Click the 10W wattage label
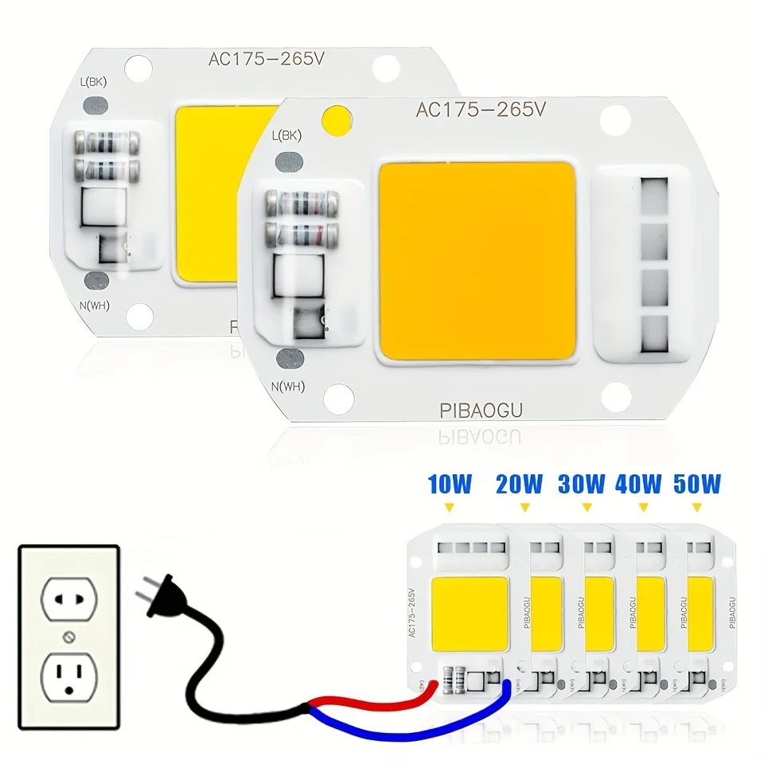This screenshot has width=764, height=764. pos(450,483)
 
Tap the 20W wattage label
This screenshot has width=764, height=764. pos(520,483)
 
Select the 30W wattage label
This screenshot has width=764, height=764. pos(582,483)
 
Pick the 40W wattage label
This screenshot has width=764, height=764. pos(638,483)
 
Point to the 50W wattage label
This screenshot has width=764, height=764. pos(697,483)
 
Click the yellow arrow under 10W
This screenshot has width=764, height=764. pos(450,506)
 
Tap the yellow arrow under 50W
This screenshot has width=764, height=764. pos(697,506)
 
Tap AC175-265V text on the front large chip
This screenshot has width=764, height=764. pos(480,111)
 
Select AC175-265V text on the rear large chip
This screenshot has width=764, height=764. pos(256,59)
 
